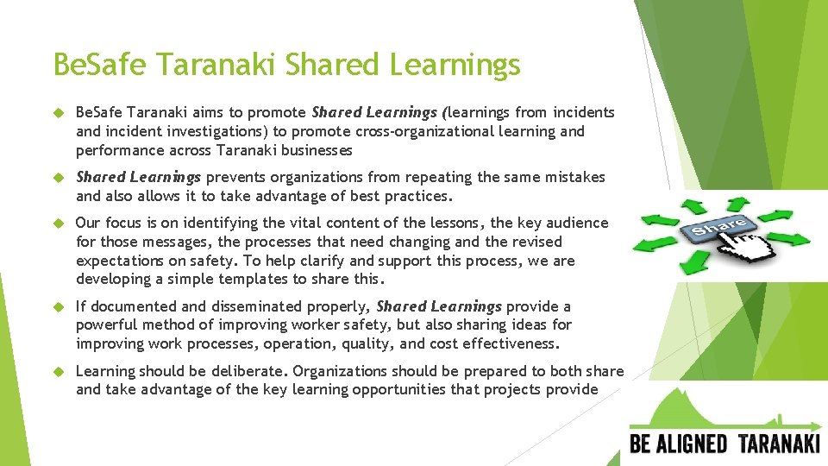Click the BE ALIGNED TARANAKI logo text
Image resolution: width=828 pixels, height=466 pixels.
724,444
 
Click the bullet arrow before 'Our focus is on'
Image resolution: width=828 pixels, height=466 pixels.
60,224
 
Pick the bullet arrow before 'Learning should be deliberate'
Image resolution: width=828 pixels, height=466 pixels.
60,372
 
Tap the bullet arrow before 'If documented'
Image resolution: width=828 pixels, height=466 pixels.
60,307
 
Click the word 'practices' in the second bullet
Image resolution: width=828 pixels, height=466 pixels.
417,196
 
